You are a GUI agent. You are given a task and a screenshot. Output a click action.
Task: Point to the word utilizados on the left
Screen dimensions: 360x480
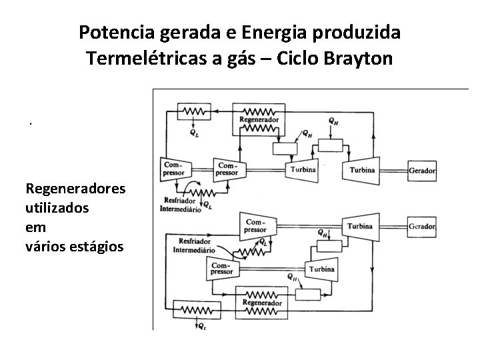coord(57,207)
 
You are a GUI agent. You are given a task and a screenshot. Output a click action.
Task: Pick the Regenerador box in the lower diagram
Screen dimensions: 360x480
coord(263,301)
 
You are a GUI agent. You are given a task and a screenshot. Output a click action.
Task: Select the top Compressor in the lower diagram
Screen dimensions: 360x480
coord(257,225)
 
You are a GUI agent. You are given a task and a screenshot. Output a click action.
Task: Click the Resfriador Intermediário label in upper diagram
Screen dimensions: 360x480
coord(180,205)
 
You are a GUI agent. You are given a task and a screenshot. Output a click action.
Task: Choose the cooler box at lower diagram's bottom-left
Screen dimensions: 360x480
coord(197,309)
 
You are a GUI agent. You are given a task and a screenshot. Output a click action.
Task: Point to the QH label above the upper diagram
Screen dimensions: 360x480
coord(333,121)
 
